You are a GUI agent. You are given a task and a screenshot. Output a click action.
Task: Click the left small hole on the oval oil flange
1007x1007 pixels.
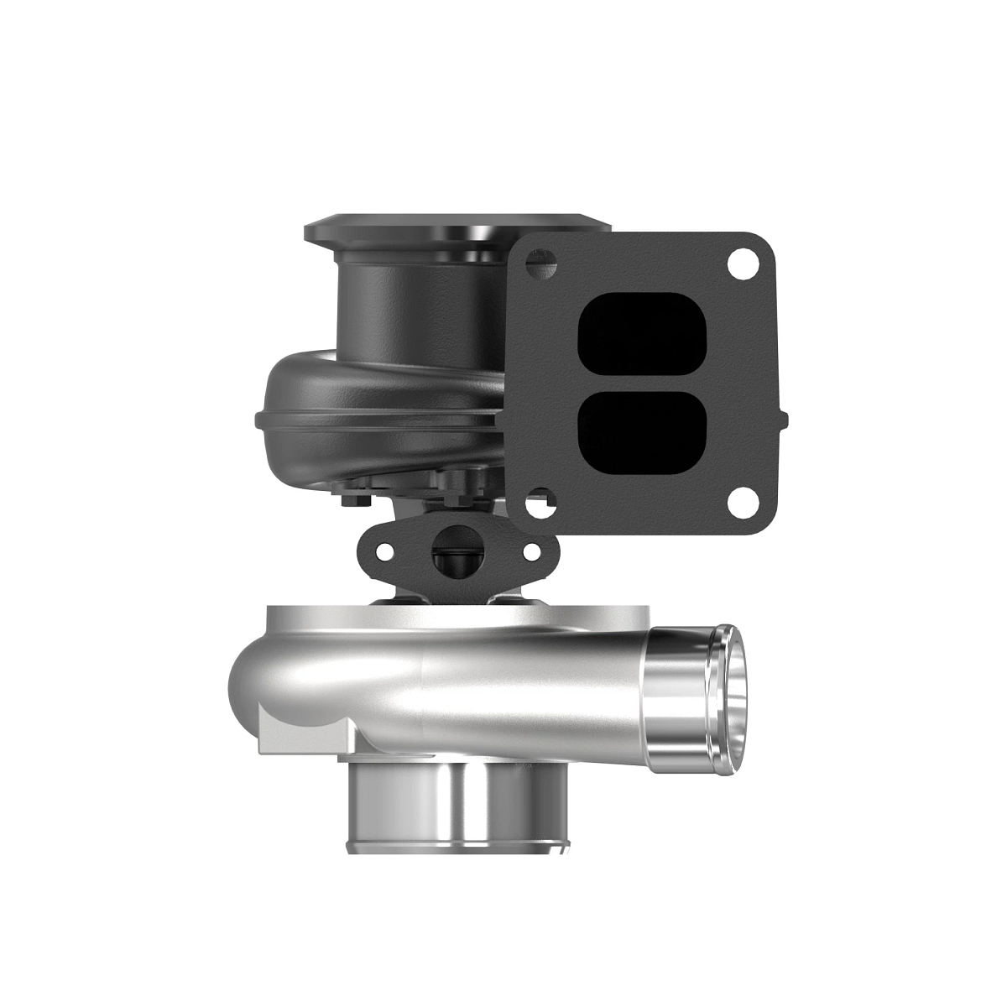[x=385, y=551]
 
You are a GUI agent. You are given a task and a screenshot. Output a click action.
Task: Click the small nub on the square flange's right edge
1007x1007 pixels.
[x=784, y=415]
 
